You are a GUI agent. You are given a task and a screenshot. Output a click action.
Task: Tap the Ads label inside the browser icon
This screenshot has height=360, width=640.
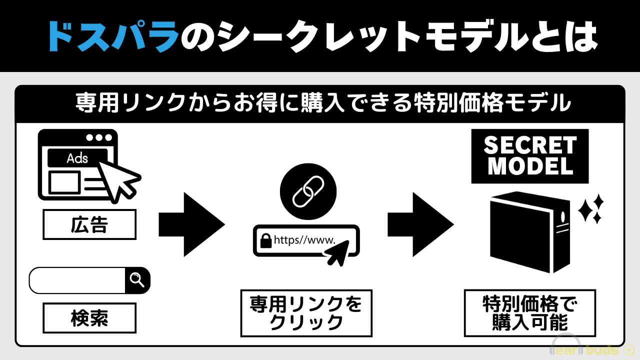click(77, 158)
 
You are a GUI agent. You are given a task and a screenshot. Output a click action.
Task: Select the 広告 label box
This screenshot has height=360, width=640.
click(89, 224)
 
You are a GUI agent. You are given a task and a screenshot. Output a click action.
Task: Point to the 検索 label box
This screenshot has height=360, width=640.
click(89, 318)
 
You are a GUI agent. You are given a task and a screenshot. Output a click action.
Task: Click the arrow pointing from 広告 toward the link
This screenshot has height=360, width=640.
click(191, 224)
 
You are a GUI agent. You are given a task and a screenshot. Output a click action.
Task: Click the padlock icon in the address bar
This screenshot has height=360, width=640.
click(264, 240)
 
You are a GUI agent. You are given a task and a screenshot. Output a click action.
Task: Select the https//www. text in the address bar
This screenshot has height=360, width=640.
click(304, 240)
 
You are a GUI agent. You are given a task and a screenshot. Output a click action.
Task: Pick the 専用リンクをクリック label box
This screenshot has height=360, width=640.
click(306, 313)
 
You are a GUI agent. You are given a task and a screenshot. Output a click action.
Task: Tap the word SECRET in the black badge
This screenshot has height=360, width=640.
click(530, 146)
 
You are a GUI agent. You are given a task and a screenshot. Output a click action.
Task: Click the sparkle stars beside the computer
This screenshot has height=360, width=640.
click(591, 209)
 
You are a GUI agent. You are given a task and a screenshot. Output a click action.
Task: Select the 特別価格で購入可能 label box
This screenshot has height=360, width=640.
click(529, 313)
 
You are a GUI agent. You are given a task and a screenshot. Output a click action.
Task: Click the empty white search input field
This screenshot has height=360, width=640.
click(77, 280)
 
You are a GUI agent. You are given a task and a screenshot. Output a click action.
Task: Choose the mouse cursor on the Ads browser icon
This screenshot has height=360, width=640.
click(118, 177)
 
